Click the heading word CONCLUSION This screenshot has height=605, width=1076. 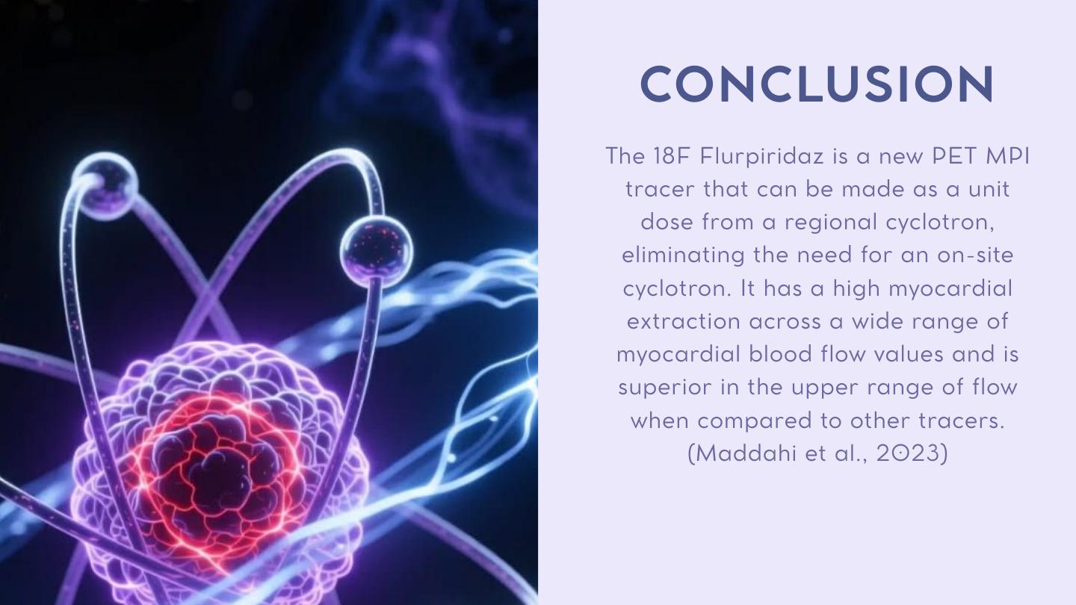[x=817, y=84]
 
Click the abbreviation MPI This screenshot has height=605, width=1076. [x=1008, y=156]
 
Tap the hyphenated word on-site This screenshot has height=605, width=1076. [x=975, y=255]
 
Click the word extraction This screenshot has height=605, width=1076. [x=683, y=322]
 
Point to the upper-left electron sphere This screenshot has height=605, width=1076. [x=105, y=185]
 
